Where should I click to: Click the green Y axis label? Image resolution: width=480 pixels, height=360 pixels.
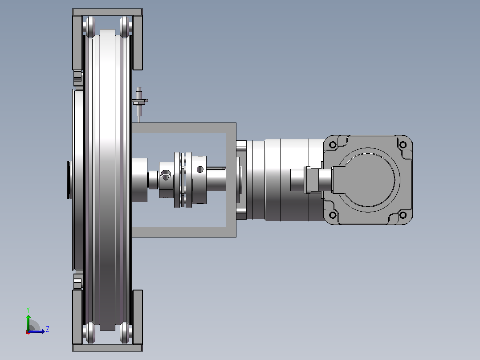point(28,310)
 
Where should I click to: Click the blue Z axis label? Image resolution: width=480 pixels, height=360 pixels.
point(48,329)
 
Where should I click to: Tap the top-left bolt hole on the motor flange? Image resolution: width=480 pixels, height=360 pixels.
point(333,145)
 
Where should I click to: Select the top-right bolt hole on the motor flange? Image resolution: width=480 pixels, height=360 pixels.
point(403,145)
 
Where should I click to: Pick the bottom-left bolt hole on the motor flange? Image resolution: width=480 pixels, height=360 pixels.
point(333,215)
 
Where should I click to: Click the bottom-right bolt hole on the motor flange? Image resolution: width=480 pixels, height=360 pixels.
point(403,215)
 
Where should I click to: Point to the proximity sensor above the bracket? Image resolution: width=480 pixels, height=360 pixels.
point(140,102)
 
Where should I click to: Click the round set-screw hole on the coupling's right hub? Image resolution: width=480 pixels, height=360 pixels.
point(200,169)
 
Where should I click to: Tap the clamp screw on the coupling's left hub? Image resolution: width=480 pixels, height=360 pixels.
point(166,175)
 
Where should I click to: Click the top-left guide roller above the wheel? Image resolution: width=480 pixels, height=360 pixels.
point(90,27)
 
